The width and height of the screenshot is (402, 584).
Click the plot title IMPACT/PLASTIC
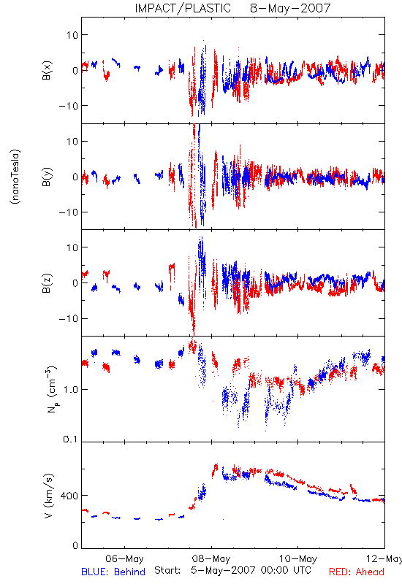(183, 8)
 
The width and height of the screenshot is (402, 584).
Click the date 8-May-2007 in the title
(290, 8)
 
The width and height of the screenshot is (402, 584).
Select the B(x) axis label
(47, 70)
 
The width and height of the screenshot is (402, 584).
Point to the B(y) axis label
(47, 177)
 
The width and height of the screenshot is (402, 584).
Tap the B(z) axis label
(47, 283)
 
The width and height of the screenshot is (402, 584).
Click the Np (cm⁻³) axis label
(51, 389)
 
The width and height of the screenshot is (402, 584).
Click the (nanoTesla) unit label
(15, 177)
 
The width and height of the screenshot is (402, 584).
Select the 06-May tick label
(124, 558)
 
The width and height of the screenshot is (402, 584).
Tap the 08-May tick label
(211, 558)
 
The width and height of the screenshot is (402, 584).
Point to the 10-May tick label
(298, 558)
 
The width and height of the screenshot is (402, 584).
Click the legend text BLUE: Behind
(113, 572)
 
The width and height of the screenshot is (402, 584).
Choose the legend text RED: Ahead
(356, 572)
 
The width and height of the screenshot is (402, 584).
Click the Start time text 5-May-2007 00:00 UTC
(251, 570)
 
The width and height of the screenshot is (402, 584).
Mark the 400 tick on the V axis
(70, 496)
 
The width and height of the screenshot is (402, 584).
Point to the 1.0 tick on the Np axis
(70, 390)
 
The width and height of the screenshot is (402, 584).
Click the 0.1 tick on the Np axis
(70, 439)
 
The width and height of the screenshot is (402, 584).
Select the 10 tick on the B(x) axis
(72, 35)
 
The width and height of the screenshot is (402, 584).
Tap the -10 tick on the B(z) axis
(69, 319)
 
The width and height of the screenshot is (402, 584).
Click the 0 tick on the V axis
(75, 545)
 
